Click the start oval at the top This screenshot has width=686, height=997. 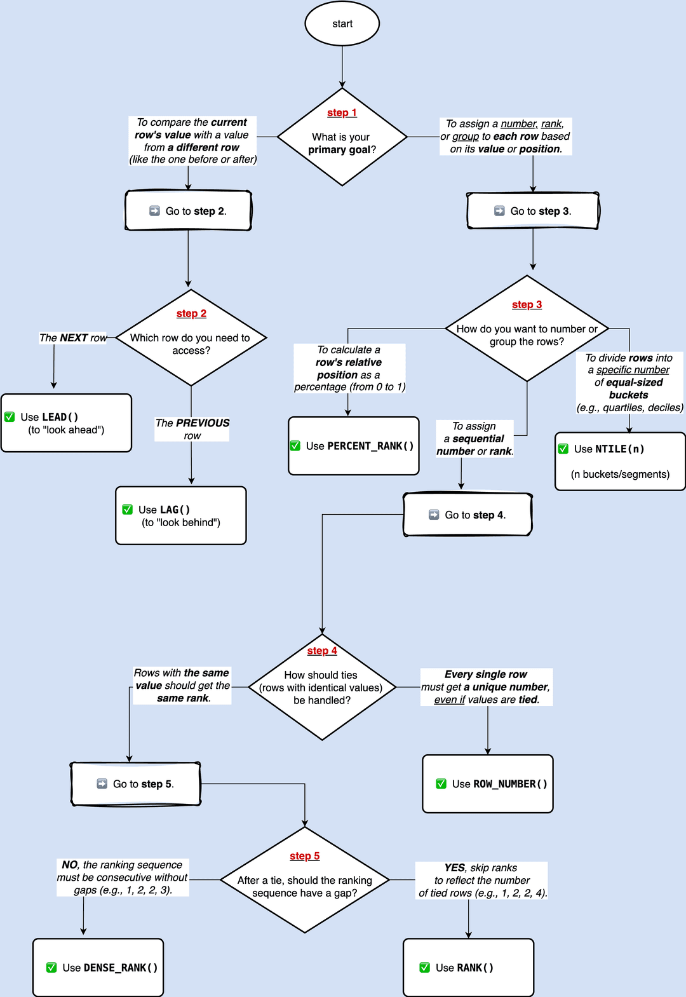tap(342, 24)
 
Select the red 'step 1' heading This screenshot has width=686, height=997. tap(342, 112)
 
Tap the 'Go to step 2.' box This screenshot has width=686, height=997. tap(188, 210)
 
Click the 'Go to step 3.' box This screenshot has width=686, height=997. tap(533, 210)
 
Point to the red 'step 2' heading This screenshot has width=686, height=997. tap(191, 313)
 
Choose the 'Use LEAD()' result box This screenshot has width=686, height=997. tap(66, 423)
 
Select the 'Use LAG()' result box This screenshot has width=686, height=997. tap(180, 515)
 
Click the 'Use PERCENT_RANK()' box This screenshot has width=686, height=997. tap(354, 446)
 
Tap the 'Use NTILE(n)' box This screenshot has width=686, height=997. tap(620, 461)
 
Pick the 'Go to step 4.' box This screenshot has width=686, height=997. tap(467, 515)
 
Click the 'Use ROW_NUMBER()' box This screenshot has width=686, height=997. tap(488, 783)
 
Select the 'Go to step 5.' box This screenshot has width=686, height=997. tap(136, 783)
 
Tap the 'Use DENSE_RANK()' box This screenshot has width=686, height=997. tap(98, 968)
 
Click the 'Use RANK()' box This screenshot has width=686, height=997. tap(469, 968)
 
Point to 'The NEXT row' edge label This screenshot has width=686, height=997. tap(73, 338)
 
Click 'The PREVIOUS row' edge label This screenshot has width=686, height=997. tap(192, 429)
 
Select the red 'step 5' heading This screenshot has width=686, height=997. tap(305, 856)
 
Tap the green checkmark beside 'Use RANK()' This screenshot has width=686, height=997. tap(425, 967)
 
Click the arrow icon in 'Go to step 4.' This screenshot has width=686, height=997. tap(434, 515)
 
